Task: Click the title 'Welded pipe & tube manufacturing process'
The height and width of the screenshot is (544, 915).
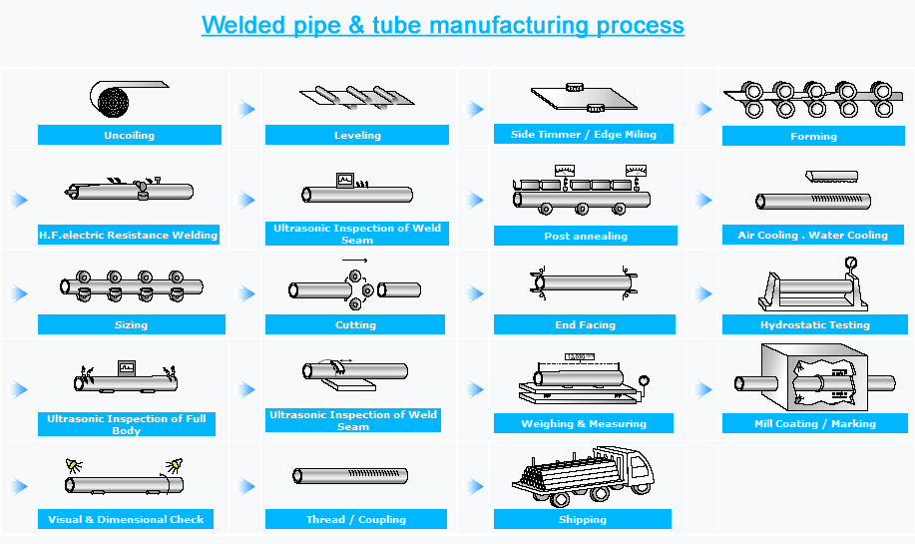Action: click(x=442, y=25)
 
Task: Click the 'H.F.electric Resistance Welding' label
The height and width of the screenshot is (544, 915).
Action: click(x=128, y=236)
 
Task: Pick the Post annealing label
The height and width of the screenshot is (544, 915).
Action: click(x=586, y=237)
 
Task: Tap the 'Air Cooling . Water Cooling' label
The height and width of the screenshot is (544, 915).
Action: click(x=812, y=236)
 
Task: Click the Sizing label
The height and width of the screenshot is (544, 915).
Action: click(x=131, y=325)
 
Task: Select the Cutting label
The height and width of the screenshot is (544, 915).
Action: click(x=355, y=325)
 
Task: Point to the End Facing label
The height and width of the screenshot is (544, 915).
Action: click(x=585, y=325)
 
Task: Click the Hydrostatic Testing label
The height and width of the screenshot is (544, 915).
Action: click(x=814, y=325)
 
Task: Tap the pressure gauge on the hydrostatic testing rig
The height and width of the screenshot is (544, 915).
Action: click(x=850, y=265)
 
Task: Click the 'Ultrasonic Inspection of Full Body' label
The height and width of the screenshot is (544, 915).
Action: click(x=127, y=424)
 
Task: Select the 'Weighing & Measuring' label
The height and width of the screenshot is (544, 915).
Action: click(x=584, y=424)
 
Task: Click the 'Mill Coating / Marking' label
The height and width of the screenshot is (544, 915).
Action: click(x=814, y=424)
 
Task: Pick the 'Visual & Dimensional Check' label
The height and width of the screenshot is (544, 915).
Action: click(x=126, y=520)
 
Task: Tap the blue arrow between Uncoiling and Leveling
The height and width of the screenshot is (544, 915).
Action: click(x=246, y=109)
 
